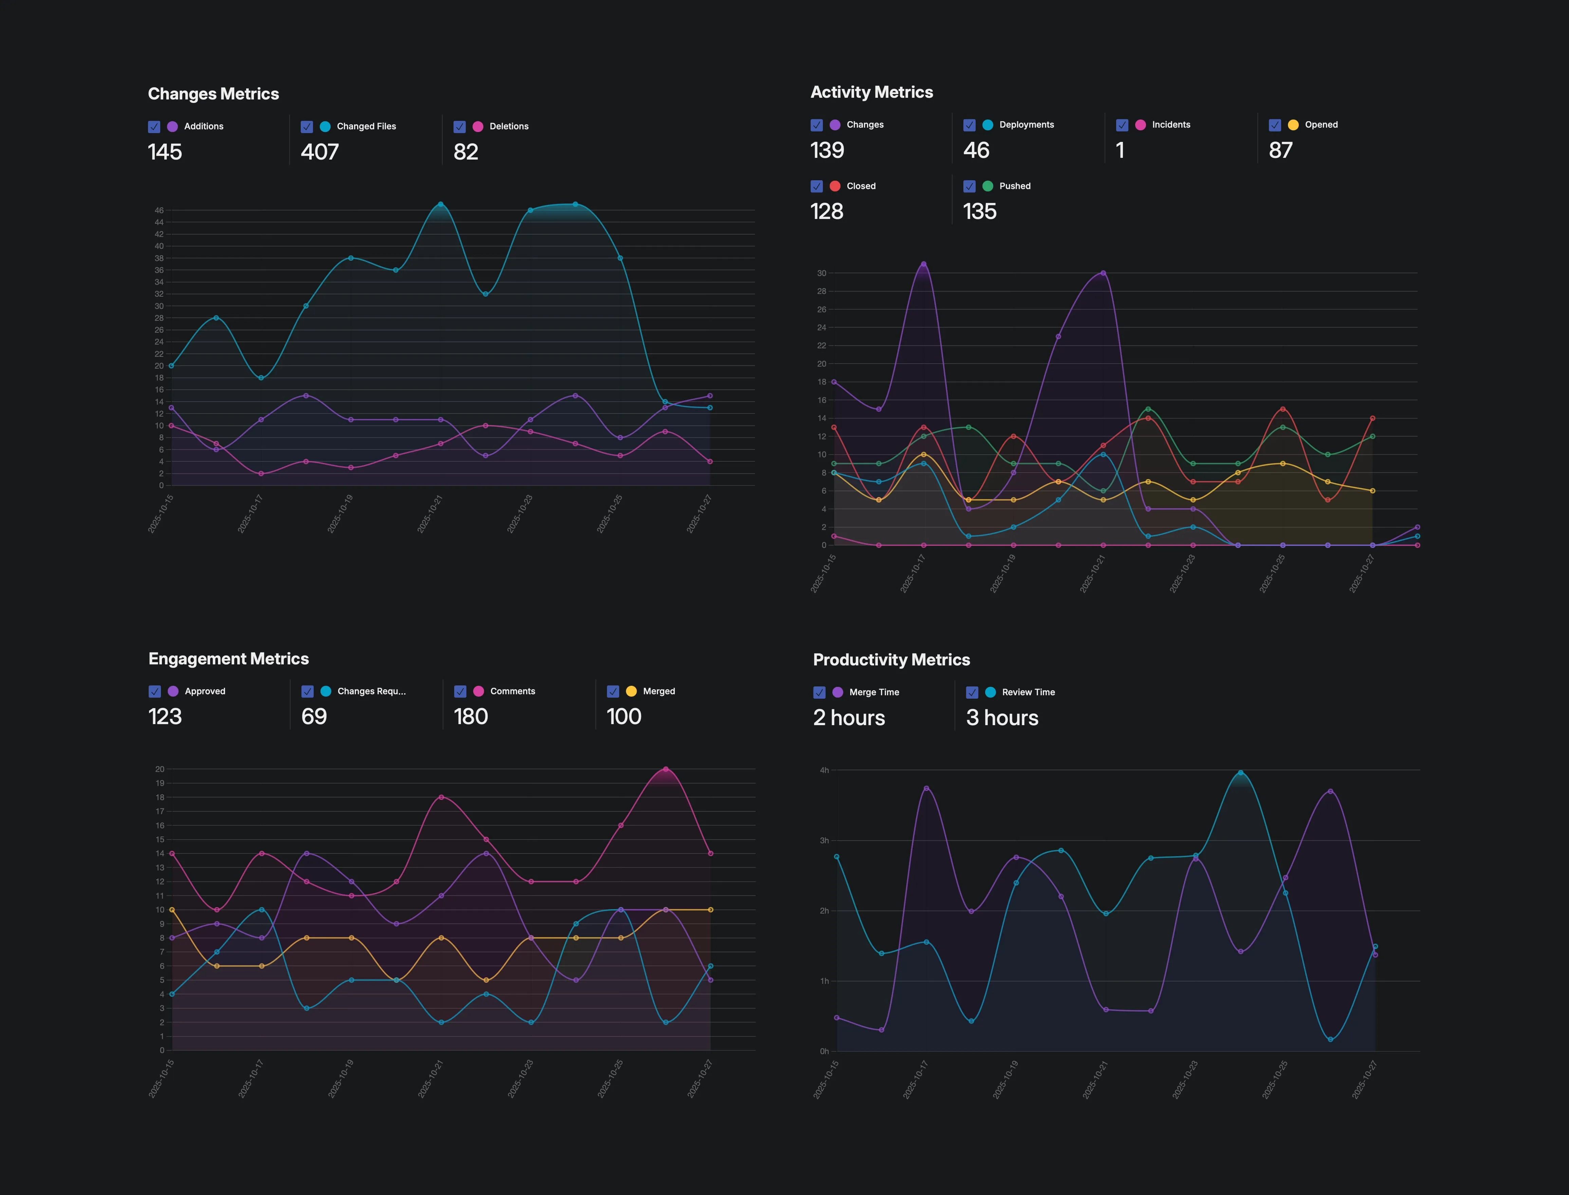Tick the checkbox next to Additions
click(x=154, y=127)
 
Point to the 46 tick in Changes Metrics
click(x=159, y=210)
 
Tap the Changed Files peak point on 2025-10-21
click(x=440, y=204)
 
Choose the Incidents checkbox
click(x=1122, y=125)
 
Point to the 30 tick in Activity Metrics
click(x=822, y=273)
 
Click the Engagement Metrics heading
click(x=228, y=659)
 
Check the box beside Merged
click(x=612, y=692)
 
